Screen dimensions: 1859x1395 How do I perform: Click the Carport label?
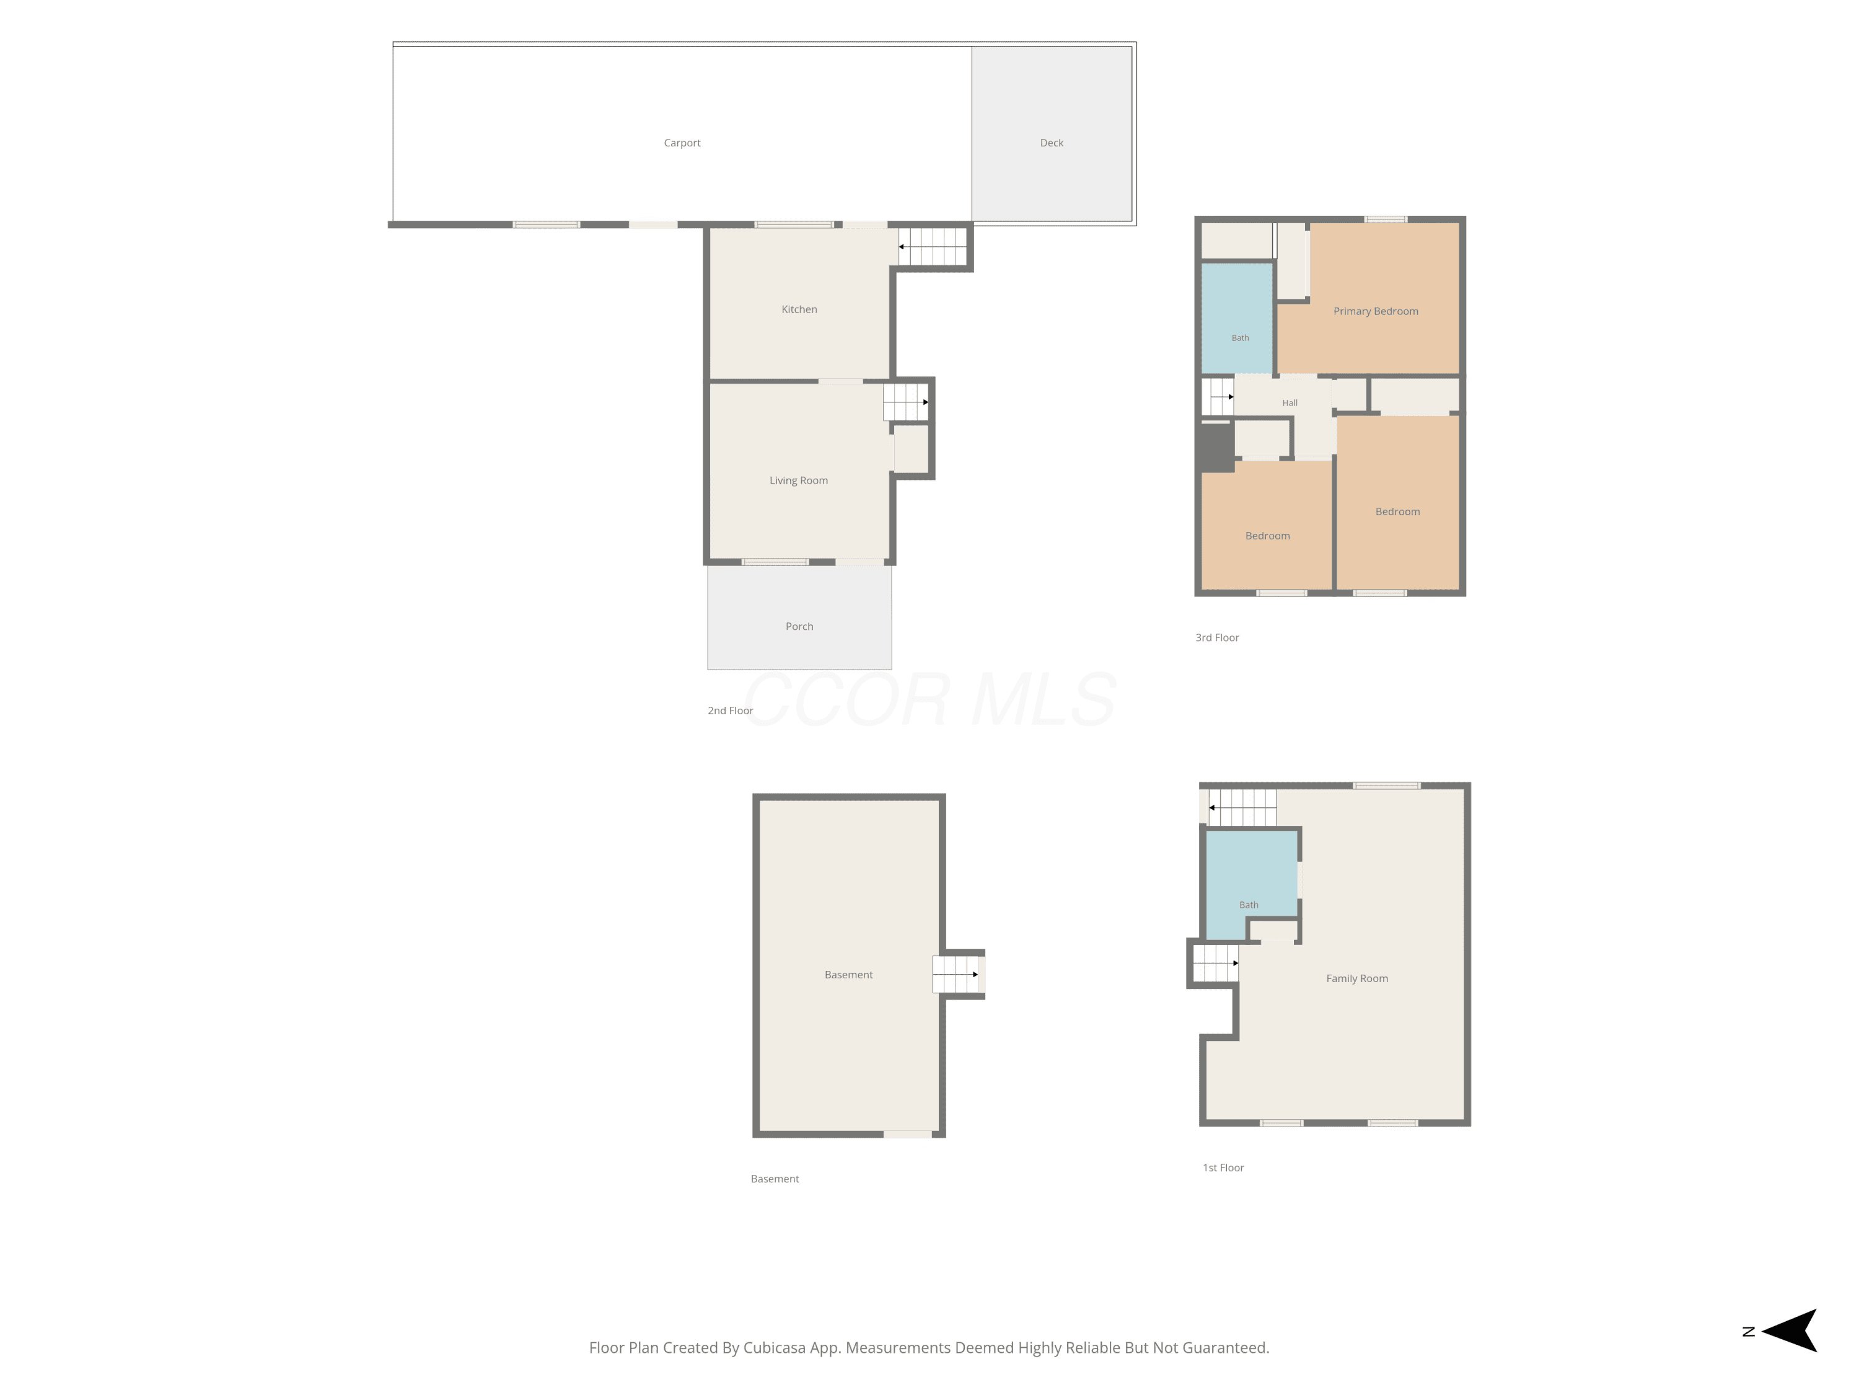coord(682,143)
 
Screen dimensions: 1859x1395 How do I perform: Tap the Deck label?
coord(1052,143)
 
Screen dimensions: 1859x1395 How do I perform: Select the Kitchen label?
coord(799,309)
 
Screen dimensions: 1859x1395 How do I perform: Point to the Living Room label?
coord(798,480)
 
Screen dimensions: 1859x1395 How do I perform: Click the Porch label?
coord(799,626)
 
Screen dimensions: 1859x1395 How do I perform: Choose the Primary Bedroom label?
coord(1376,311)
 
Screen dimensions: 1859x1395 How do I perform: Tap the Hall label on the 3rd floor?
coord(1290,403)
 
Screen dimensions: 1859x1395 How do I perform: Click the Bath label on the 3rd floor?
coord(1241,338)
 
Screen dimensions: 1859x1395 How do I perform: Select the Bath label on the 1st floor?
coord(1249,905)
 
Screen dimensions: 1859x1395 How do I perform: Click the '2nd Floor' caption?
coord(731,711)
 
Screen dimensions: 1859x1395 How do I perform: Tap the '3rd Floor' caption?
coord(1217,637)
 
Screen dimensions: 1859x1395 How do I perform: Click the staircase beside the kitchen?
coord(933,246)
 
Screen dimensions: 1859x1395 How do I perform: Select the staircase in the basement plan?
coord(956,975)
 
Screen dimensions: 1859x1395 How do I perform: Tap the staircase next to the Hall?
coord(1218,396)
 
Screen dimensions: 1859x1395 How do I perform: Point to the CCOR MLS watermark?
coord(929,699)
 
